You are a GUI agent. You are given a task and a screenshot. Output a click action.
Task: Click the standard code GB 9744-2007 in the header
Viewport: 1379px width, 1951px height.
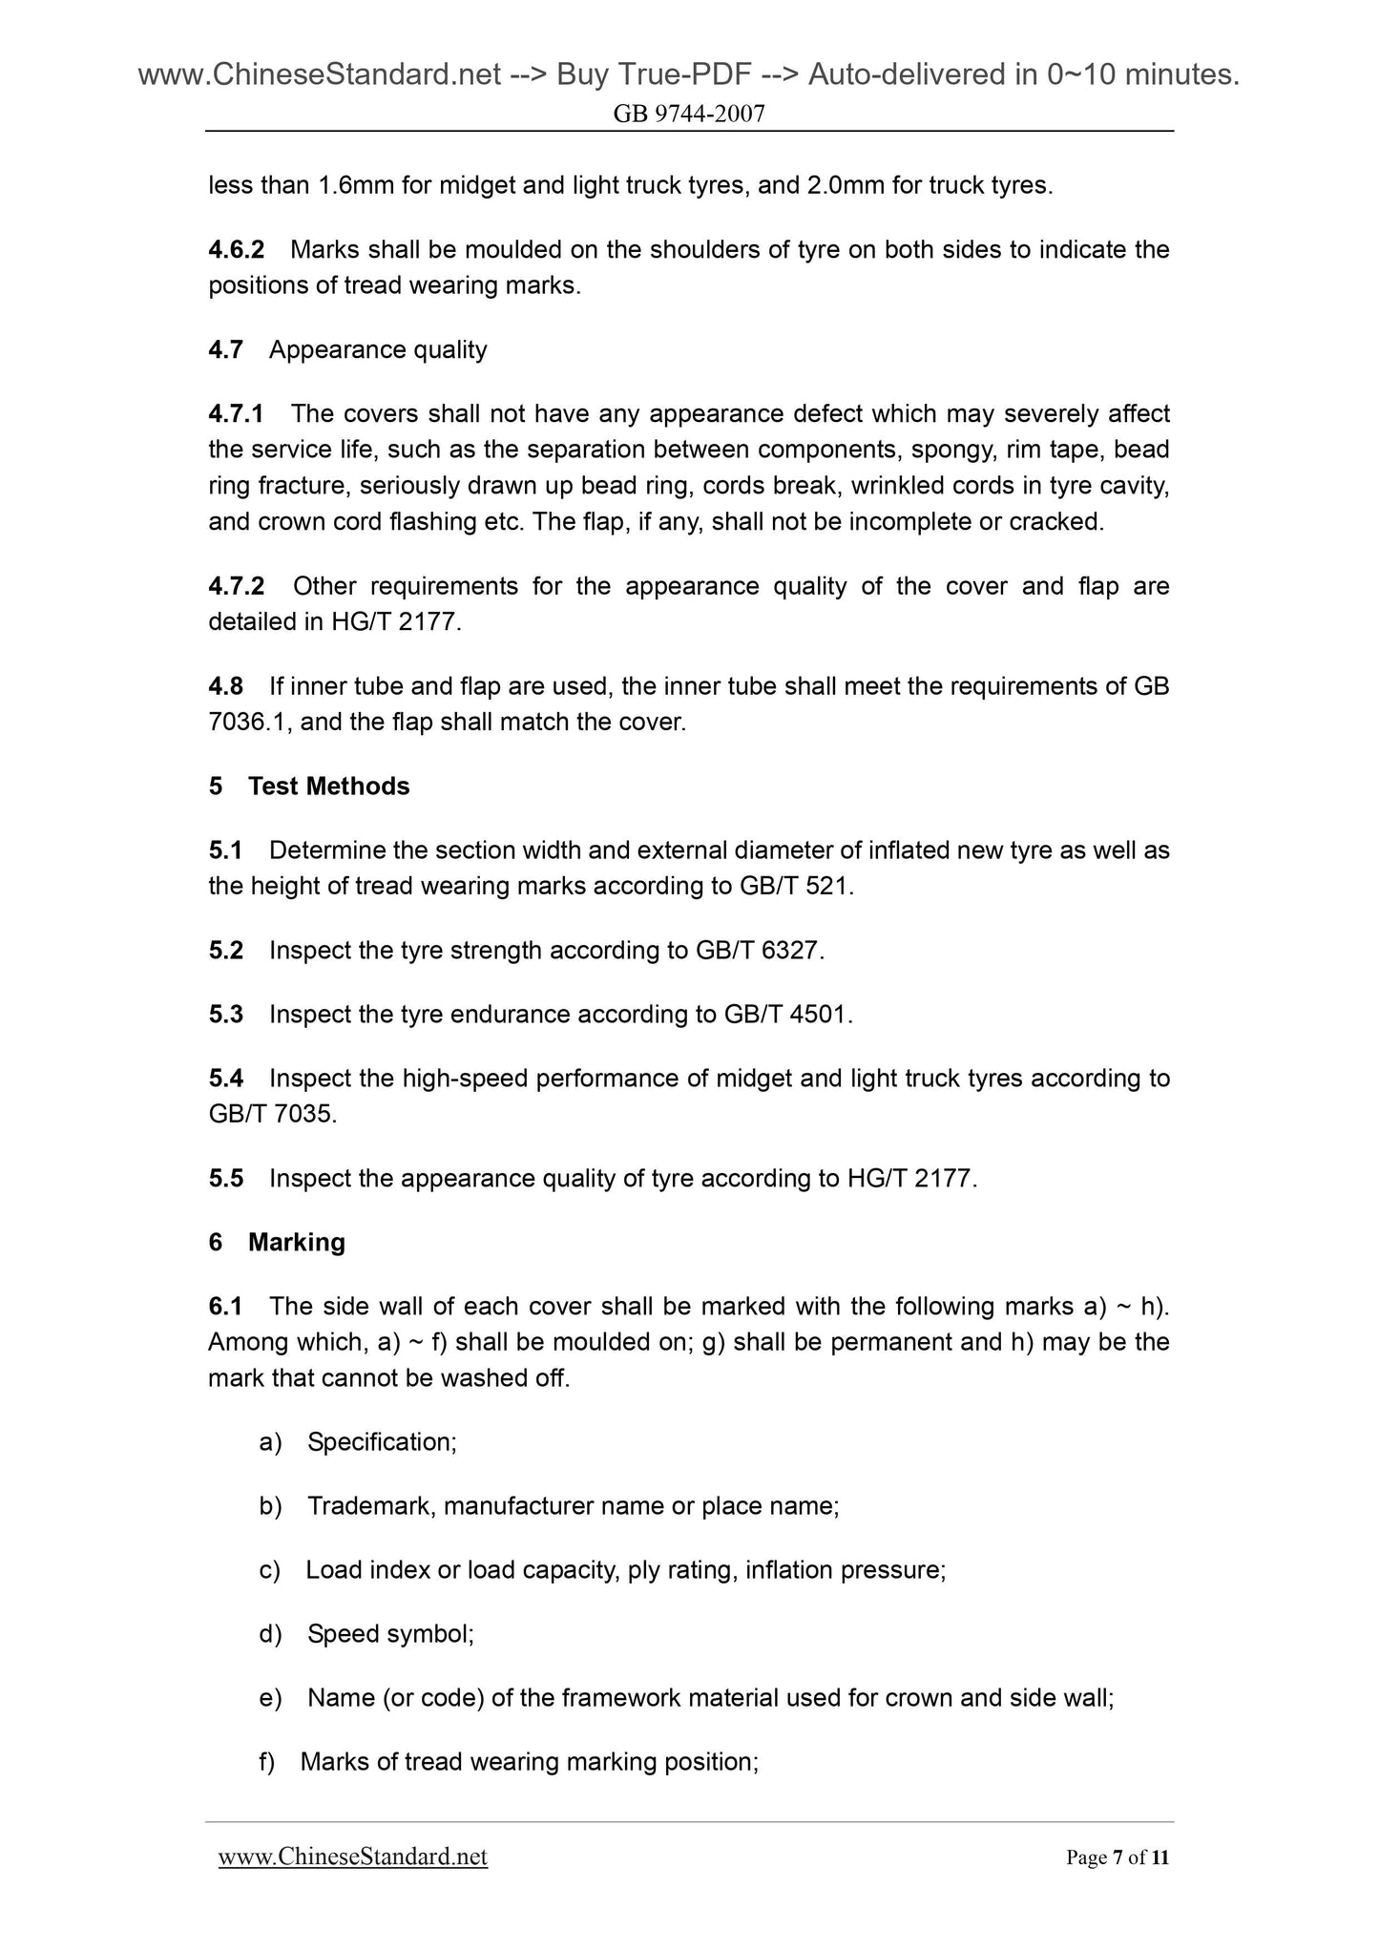coord(689,115)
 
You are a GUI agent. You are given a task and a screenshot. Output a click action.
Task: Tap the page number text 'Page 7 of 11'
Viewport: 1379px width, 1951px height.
coord(1117,1857)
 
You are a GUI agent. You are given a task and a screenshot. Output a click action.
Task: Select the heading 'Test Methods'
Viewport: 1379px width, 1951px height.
coord(328,787)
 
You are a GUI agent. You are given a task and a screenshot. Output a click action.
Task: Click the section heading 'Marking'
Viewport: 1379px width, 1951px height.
coord(296,1242)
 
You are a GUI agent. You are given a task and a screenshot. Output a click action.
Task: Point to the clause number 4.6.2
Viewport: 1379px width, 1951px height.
coord(236,250)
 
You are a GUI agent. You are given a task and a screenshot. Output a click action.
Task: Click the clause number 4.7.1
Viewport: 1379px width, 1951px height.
coord(236,414)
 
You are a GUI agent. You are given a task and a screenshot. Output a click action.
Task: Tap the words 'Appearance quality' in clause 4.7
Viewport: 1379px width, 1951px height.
coord(378,350)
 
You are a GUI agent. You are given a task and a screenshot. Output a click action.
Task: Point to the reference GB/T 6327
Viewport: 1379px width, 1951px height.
coord(760,951)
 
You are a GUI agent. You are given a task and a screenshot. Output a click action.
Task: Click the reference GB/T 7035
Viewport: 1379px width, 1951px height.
coord(272,1114)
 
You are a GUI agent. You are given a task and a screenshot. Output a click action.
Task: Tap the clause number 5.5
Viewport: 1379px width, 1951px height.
coord(225,1179)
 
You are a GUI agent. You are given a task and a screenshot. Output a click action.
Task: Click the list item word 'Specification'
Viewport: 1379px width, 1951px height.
coord(380,1441)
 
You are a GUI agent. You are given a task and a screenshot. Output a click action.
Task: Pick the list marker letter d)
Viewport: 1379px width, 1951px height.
coord(270,1634)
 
